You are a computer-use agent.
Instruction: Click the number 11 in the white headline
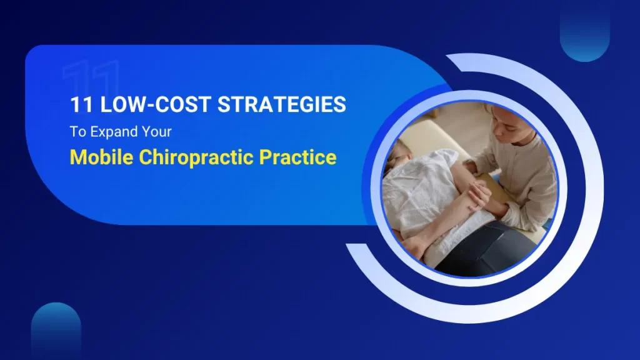pyautogui.click(x=81, y=105)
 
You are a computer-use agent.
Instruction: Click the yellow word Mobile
pyautogui.click(x=101, y=157)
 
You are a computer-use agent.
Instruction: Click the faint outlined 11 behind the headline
pyautogui.click(x=91, y=78)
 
